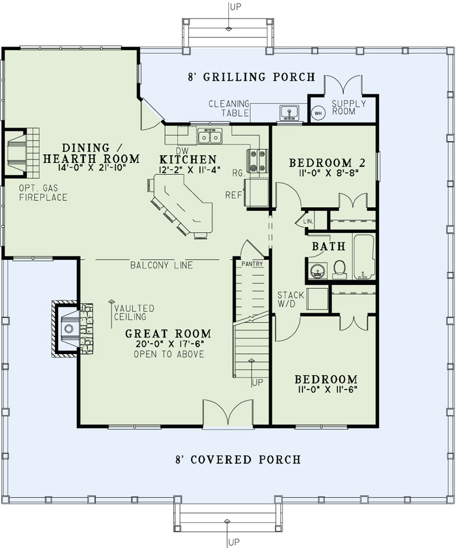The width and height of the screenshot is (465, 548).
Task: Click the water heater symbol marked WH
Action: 318,113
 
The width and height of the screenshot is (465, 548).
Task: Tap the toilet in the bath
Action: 339,270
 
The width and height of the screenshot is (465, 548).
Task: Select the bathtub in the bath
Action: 364,257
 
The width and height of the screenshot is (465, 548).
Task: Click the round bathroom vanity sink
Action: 318,271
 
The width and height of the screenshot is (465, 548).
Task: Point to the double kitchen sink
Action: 210,136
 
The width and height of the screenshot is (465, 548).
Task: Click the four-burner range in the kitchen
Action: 257,161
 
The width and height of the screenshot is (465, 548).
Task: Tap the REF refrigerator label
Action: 234,195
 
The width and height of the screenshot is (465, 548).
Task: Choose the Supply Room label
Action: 344,107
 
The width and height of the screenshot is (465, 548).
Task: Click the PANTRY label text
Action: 252,264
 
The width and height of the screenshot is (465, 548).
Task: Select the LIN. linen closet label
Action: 308,221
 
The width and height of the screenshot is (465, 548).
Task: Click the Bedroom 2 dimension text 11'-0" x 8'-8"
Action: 328,172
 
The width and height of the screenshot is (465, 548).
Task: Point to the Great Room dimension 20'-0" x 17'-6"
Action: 169,344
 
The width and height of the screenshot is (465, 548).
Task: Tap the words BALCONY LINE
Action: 162,265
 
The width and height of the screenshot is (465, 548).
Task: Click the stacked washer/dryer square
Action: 317,299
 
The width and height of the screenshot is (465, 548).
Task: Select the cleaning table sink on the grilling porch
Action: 289,112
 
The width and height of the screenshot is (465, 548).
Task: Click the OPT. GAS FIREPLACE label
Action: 43,193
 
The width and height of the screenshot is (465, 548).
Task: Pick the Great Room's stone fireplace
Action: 72,328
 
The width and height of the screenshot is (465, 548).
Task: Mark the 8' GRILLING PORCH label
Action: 252,77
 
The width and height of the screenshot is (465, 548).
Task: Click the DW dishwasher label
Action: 182,151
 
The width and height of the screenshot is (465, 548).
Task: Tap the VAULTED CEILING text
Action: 134,313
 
